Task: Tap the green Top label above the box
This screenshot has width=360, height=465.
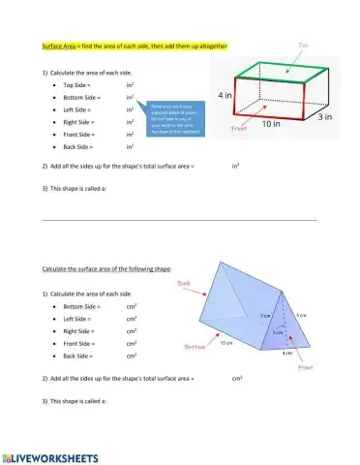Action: point(303,44)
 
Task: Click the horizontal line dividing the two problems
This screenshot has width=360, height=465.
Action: point(180,219)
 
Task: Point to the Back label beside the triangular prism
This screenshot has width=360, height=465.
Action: point(188,283)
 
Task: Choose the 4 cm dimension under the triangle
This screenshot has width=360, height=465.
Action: point(286,353)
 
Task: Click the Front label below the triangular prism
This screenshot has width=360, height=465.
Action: point(306,367)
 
